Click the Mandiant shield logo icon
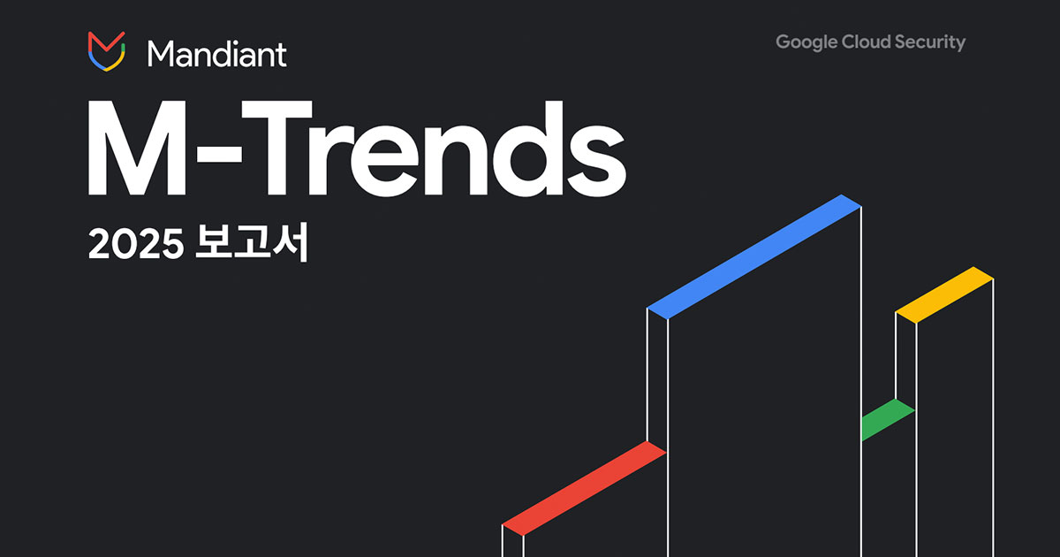[105, 51]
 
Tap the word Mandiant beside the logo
[217, 54]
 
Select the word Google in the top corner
[806, 42]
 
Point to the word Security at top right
[935, 42]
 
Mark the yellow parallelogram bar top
[944, 294]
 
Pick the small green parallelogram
[887, 419]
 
